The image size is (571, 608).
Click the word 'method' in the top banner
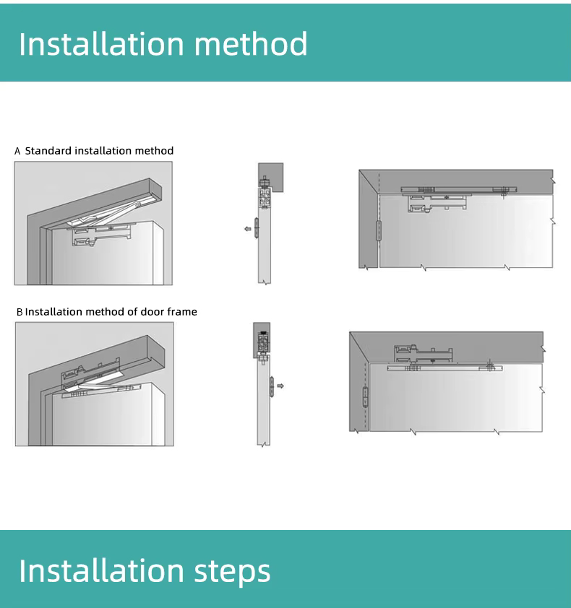click(251, 43)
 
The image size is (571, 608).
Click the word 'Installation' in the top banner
click(101, 43)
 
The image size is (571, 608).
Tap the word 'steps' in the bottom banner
click(232, 572)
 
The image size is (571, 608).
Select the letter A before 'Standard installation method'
click(17, 151)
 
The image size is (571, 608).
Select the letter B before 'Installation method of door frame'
click(20, 312)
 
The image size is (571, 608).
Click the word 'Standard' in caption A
click(48, 150)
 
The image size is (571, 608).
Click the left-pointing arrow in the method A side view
click(248, 229)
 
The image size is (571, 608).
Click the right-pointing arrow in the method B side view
click(280, 386)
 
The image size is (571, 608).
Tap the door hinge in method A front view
click(378, 231)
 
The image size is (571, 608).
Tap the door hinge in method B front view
click(365, 397)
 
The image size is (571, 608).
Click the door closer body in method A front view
click(437, 203)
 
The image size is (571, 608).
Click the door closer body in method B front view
click(423, 353)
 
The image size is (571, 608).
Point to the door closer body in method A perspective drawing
click(102, 235)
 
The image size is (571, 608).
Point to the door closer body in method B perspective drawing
click(90, 373)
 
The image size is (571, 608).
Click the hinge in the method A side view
click(257, 228)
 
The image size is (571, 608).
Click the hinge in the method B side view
click(272, 386)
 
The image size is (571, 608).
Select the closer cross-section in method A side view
click(265, 198)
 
